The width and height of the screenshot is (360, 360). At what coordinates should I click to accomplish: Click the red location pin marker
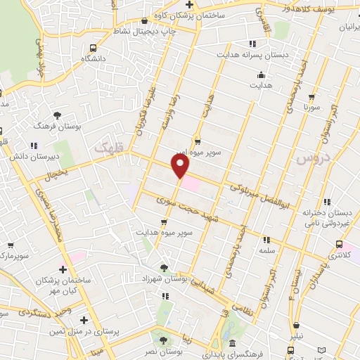pyautogui.click(x=181, y=166)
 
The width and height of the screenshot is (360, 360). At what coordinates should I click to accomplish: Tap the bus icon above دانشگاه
pyautogui.click(x=94, y=48)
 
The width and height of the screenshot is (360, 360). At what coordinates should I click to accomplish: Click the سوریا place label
pyautogui.click(x=312, y=108)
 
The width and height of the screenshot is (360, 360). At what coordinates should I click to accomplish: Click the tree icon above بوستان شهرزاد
pyautogui.click(x=165, y=266)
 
